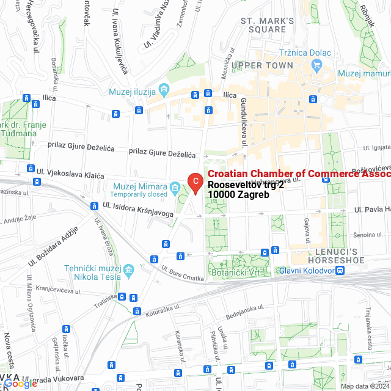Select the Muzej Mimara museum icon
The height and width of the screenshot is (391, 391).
tap(175, 186)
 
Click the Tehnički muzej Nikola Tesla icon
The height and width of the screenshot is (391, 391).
tap(128, 269)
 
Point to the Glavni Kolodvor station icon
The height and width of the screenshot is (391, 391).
tap(339, 271)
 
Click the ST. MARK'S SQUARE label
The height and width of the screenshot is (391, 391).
tap(268, 25)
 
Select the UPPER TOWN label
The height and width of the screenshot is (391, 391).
tap(263, 65)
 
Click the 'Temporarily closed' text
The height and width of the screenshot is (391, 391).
tap(140, 194)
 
